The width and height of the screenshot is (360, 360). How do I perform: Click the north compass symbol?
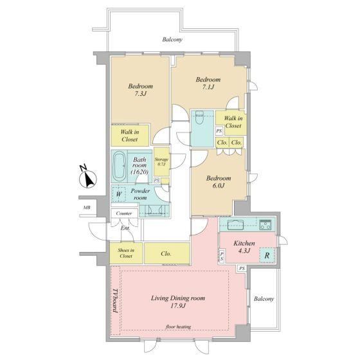click(87, 178)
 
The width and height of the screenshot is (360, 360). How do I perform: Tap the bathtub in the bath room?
click(120, 166)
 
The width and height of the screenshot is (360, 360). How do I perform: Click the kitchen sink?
click(235, 225)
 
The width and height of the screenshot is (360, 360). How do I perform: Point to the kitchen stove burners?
click(265, 224)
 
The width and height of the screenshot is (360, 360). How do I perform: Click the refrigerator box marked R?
click(267, 255)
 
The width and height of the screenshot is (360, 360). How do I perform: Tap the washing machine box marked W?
click(118, 194)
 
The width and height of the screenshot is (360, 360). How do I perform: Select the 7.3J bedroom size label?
click(140, 94)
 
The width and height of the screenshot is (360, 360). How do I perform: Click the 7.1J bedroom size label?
click(208, 87)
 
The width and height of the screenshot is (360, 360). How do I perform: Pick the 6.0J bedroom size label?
click(219, 186)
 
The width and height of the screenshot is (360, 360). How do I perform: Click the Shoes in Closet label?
click(126, 253)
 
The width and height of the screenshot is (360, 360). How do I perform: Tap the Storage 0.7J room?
click(161, 161)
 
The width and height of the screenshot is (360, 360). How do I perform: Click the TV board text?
click(115, 301)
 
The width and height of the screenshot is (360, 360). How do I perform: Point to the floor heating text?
click(179, 327)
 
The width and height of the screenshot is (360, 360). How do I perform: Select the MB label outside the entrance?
click(87, 208)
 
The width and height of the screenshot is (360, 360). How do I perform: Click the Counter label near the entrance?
click(124, 213)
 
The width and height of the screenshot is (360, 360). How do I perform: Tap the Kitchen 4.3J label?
click(244, 247)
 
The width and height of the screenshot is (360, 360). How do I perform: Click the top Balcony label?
click(172, 39)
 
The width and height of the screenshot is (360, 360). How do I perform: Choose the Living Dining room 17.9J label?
click(178, 302)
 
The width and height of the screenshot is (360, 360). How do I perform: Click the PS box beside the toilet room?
click(219, 131)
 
